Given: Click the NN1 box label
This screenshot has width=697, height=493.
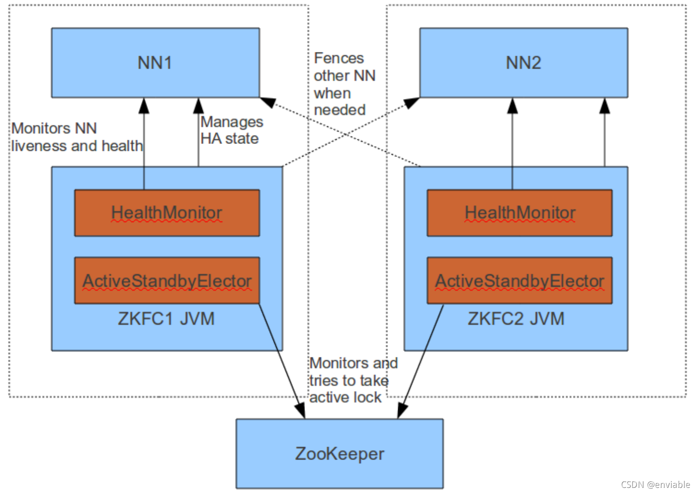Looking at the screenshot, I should (155, 63).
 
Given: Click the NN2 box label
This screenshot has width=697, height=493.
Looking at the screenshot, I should (523, 63).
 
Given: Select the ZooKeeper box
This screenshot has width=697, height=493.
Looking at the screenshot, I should (339, 454).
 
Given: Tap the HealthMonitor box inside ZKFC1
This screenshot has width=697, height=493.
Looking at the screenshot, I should (167, 213).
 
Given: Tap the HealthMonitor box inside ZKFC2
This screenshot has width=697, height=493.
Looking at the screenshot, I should (519, 213).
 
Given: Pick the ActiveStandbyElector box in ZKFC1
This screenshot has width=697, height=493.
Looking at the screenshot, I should (167, 281).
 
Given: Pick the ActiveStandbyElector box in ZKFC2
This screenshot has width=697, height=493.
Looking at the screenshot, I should (519, 281).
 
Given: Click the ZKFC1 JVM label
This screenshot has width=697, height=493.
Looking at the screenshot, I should (166, 319).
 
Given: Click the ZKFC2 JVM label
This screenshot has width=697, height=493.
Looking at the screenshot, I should (516, 319).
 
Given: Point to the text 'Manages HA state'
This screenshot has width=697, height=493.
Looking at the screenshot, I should (231, 130).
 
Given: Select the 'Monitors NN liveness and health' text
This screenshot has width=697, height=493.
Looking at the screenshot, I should (77, 137).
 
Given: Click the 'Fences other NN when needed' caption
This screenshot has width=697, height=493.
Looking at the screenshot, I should (344, 84).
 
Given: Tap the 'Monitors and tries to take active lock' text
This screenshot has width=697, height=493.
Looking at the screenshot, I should (353, 380).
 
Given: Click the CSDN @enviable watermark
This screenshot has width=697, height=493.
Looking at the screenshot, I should (655, 484).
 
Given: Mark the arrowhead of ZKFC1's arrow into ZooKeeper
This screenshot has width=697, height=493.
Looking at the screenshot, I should (300, 410).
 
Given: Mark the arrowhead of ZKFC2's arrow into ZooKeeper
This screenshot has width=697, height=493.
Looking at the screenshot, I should (402, 410).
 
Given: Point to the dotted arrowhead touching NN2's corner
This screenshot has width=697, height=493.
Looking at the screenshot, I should (412, 103).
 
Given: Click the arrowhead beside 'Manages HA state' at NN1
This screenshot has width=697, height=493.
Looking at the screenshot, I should (199, 106).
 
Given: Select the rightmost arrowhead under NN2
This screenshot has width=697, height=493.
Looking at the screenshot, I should (604, 106).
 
